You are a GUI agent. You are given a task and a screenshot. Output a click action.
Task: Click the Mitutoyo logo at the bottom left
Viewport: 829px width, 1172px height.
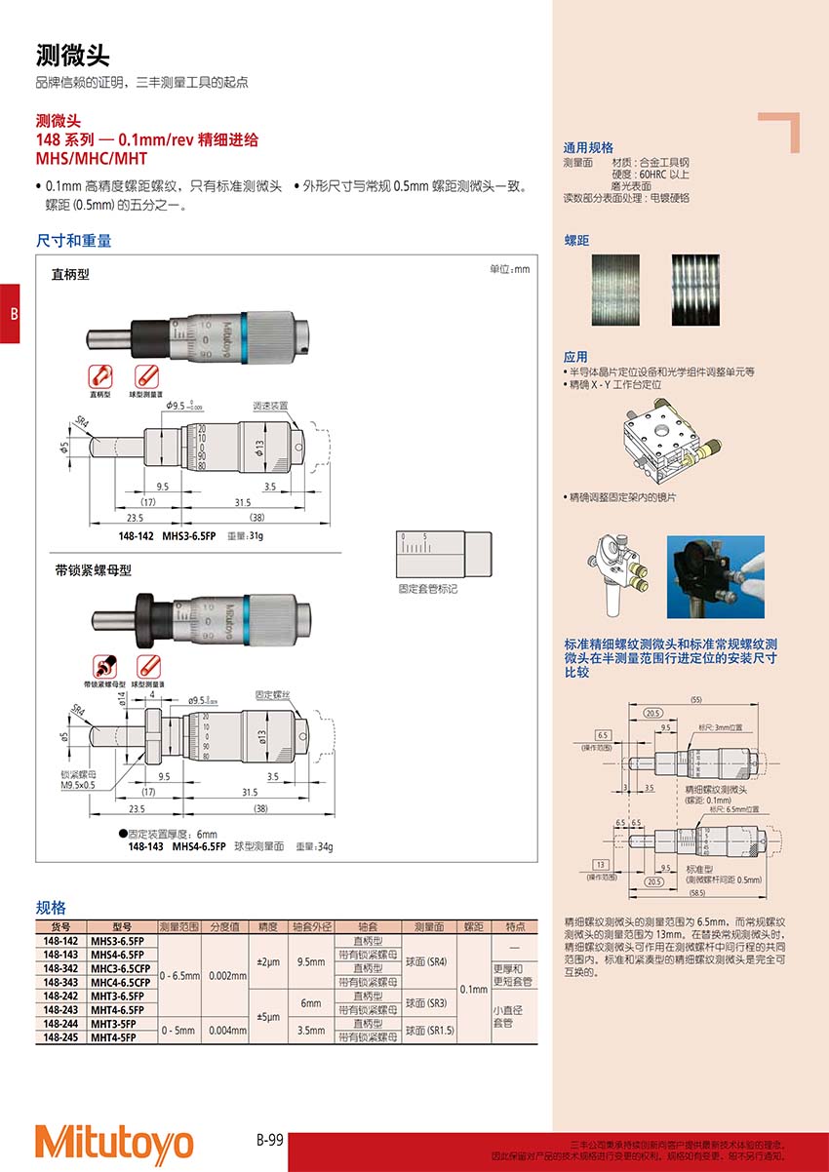114,1143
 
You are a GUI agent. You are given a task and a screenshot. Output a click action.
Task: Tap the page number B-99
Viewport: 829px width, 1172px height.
270,1138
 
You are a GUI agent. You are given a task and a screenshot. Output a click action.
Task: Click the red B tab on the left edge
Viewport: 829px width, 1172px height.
10,313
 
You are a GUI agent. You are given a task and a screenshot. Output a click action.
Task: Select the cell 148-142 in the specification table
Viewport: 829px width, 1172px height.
61,941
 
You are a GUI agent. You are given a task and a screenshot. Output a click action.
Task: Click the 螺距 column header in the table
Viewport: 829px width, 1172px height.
474,926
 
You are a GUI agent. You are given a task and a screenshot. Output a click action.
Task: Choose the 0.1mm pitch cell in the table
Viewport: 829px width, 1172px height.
474,989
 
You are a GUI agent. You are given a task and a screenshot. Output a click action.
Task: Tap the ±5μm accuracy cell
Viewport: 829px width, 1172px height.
267,1017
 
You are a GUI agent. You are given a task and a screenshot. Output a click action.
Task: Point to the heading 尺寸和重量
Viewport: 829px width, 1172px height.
74,240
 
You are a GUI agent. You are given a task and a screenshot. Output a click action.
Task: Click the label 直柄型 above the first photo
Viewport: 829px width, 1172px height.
70,275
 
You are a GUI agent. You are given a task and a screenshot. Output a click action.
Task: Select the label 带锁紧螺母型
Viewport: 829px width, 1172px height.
93,570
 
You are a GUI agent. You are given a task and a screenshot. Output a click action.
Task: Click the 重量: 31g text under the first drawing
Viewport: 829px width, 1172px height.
246,536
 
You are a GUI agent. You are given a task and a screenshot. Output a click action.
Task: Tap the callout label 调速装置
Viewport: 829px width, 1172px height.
271,405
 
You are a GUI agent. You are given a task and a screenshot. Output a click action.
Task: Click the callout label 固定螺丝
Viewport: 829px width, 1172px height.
274,695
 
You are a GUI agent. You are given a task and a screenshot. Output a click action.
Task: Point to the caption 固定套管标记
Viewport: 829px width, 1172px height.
427,590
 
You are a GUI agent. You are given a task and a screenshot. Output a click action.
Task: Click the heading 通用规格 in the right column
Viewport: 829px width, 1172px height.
589,148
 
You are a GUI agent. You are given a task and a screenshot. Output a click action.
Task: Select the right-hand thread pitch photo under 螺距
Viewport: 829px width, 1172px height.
695,290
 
